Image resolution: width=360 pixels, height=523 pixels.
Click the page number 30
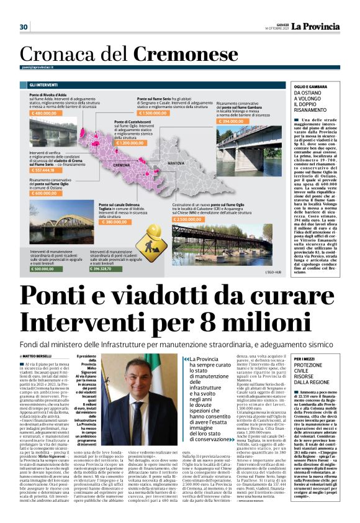[24, 27]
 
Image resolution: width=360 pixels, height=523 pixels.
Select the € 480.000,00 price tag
[49, 114]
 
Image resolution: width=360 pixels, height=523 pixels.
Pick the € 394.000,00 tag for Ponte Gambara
[232, 122]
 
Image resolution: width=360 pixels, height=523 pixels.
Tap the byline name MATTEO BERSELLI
[40, 355]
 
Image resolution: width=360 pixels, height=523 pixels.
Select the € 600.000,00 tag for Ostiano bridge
[48, 193]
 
